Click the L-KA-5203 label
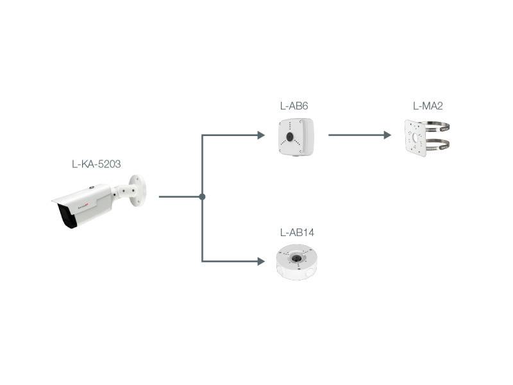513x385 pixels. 96,164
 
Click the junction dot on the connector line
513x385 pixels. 202,196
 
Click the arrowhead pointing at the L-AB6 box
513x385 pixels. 260,135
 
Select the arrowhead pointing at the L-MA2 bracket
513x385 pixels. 387,135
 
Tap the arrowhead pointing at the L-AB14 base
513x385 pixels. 260,261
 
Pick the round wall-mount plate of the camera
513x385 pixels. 139,191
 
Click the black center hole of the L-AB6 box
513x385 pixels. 289,137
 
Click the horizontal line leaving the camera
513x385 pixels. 180,196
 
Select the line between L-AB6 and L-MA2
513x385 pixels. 356,135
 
